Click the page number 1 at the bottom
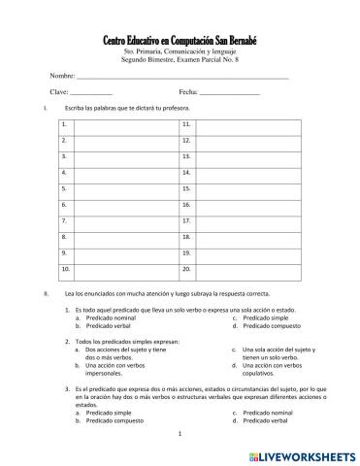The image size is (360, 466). point(181,433)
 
